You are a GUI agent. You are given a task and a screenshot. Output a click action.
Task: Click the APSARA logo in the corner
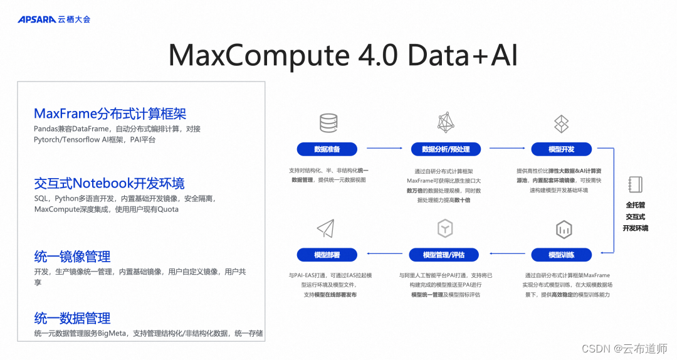point(37,19)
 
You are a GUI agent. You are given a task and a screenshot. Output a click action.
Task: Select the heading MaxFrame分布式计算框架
point(110,114)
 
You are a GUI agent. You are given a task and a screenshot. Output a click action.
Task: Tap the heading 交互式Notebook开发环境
point(109,183)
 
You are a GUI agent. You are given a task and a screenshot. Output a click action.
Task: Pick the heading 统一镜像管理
point(72,256)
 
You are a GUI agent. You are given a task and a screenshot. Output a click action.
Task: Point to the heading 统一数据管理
point(72,317)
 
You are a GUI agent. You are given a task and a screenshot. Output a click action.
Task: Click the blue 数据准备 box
point(327,149)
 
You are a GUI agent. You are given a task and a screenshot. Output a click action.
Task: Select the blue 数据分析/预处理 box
point(445,149)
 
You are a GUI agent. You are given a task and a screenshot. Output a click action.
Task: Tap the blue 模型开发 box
point(561,149)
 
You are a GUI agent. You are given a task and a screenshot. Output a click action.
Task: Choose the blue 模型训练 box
point(561,255)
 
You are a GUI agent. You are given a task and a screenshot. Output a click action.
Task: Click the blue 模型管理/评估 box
point(444,255)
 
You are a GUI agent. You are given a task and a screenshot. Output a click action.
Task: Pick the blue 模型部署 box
point(327,255)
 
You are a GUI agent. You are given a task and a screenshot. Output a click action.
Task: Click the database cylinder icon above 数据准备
point(328,123)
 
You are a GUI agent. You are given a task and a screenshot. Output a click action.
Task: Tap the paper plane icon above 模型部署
point(325,228)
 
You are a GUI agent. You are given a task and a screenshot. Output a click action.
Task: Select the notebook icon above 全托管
point(635,184)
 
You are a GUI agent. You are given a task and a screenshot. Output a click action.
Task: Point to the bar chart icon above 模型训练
point(563,229)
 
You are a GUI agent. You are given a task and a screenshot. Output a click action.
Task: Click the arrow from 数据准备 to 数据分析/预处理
point(384,149)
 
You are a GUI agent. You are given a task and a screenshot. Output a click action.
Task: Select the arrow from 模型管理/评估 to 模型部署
point(384,255)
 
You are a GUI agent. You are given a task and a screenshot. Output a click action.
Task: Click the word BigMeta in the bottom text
point(114,333)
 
